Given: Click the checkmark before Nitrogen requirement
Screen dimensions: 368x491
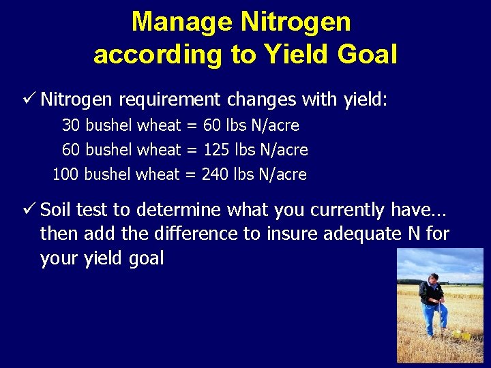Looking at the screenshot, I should pyautogui.click(x=29, y=99).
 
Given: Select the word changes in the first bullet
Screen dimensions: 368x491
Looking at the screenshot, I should pyautogui.click(x=262, y=100).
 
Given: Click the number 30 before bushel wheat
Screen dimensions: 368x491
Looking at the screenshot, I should pyautogui.click(x=71, y=125).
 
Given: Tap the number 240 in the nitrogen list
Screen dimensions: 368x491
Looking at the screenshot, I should pyautogui.click(x=215, y=174).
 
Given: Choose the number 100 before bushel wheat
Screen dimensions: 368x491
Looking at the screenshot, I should pyautogui.click(x=65, y=174).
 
